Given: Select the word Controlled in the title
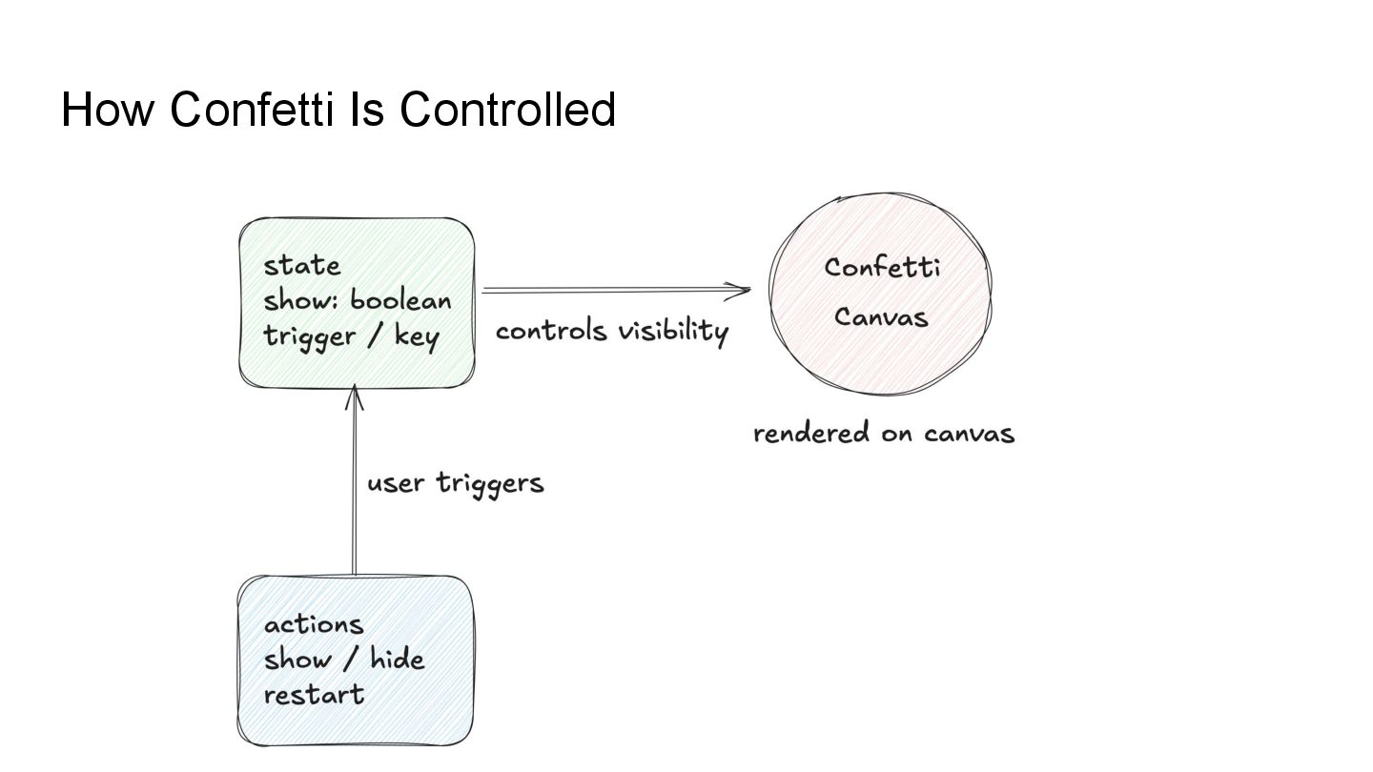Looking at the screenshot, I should point(507,109).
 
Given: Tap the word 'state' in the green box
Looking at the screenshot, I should point(302,265).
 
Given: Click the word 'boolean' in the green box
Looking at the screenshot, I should point(400,300).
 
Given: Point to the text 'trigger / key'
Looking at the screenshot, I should point(351,335).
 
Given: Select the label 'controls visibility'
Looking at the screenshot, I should point(611,331).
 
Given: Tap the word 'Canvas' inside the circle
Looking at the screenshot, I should point(881,316).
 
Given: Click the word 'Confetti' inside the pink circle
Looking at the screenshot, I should point(882,267).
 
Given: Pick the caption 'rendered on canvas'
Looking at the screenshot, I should point(884,434).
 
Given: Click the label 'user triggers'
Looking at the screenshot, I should point(456,483).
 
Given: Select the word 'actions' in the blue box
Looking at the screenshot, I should point(314,624).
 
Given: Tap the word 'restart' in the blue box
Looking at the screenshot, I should point(314,695).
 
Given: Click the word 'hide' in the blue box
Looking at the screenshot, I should point(397,659).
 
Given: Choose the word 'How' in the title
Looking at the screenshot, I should point(107,109).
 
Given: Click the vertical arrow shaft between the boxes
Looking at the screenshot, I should point(355,496).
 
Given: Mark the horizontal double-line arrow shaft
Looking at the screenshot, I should point(610,290).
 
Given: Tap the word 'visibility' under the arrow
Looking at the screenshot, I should point(673,331).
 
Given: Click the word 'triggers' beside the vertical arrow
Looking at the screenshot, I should point(490,483).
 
